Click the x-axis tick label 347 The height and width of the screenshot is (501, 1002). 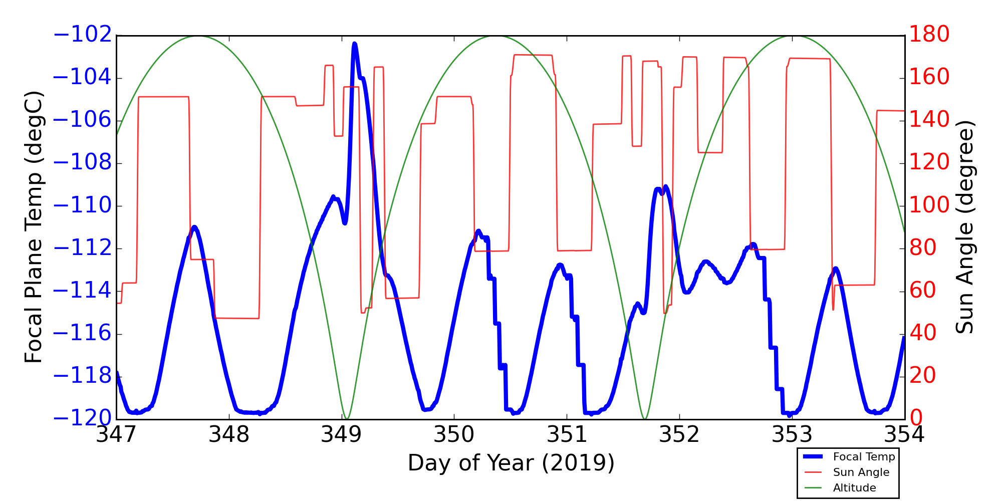(x=116, y=434)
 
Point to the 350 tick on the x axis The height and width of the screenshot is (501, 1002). (x=454, y=434)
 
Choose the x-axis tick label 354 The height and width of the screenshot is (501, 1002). (x=904, y=434)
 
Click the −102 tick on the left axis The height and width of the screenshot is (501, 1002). (x=82, y=35)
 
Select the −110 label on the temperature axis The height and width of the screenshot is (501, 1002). (x=82, y=205)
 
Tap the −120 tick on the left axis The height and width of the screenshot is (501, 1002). (x=82, y=418)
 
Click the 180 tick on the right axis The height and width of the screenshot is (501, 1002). (x=929, y=35)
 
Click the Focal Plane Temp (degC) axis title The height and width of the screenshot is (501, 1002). (x=34, y=227)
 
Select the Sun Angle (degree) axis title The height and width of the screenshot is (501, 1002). (x=964, y=227)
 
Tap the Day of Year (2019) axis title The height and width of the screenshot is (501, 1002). (x=511, y=463)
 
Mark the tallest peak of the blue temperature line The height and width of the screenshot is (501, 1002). (x=355, y=44)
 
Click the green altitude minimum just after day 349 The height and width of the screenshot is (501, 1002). (x=346, y=418)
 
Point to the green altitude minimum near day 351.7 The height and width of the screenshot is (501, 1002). (x=645, y=418)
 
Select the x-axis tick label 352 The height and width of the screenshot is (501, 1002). (x=679, y=434)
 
